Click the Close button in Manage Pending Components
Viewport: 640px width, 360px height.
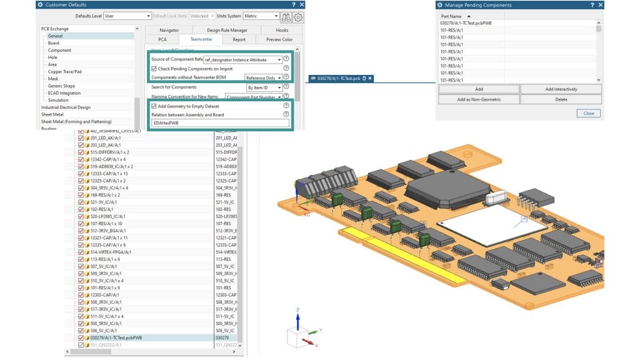[589, 113]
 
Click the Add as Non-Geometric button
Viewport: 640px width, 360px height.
[478, 99]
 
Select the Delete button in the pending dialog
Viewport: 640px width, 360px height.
[561, 99]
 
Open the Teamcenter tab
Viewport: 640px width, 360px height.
[201, 39]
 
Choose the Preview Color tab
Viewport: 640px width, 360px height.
[279, 39]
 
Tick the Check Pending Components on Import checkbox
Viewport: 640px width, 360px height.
[154, 68]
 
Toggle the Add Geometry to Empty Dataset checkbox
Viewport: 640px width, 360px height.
[154, 106]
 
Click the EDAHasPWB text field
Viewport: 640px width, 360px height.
[220, 123]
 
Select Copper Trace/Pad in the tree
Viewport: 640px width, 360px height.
[64, 72]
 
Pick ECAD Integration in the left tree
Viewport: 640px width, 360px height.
[64, 93]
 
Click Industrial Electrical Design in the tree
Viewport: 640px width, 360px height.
[66, 107]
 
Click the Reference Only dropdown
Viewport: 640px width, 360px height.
[263, 77]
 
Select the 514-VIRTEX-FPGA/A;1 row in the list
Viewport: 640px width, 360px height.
[112, 252]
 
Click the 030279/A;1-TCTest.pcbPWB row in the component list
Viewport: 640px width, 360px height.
[116, 338]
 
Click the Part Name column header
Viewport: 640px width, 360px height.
[453, 16]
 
